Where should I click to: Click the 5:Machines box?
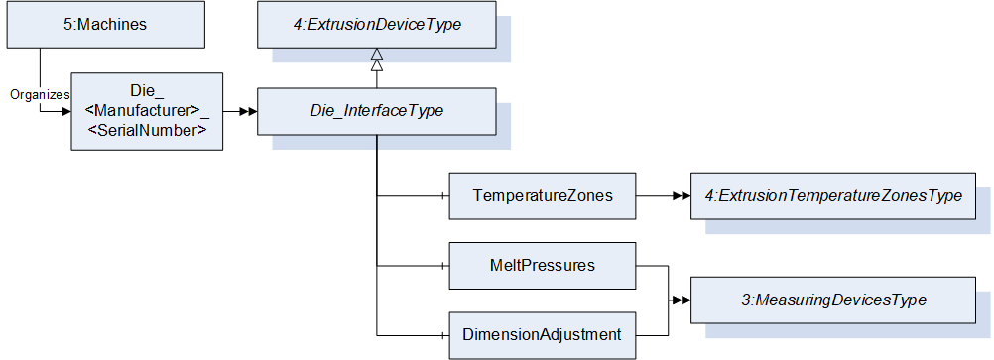(106, 25)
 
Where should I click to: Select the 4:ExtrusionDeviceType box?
(377, 25)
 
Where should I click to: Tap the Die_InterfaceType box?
(377, 111)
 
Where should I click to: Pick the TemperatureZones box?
(543, 195)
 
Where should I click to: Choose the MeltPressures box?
(543, 266)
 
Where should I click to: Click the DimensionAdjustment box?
(543, 335)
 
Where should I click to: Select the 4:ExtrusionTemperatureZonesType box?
(833, 195)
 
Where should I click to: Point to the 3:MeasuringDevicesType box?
(833, 300)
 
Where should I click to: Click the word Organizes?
(40, 95)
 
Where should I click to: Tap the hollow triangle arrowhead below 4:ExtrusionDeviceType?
(377, 59)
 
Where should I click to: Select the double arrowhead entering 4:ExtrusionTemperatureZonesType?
(682, 196)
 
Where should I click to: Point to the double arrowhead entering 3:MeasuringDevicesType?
(682, 300)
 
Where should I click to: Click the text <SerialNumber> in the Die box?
(147, 131)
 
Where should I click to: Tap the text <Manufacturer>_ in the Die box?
(147, 112)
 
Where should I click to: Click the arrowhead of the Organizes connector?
(66, 111)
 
